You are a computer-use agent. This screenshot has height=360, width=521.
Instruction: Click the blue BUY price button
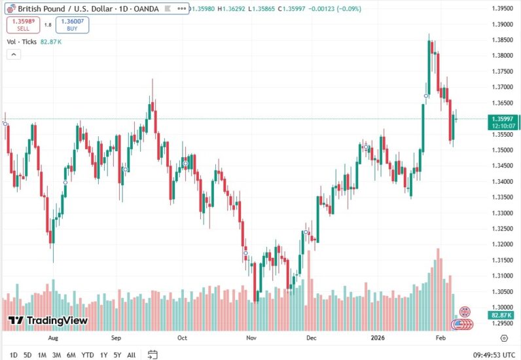tap(72, 25)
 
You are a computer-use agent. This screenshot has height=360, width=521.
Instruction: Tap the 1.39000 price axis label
tap(501, 24)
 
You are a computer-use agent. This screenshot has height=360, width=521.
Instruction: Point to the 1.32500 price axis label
tap(501, 228)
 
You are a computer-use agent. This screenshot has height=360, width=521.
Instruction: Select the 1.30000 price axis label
tap(501, 307)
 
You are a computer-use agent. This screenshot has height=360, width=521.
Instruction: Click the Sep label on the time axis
tap(116, 338)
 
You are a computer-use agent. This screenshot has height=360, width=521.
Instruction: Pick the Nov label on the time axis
tap(251, 338)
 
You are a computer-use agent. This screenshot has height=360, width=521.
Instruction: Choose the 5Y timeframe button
tap(117, 355)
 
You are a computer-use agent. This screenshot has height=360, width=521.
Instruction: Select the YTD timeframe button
tap(88, 355)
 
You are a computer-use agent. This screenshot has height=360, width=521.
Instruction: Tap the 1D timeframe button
tap(14, 355)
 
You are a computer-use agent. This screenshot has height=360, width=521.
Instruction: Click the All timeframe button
tap(132, 355)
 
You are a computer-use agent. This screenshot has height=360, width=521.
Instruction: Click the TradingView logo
tap(48, 321)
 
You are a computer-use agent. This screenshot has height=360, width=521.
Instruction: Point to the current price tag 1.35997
tap(501, 118)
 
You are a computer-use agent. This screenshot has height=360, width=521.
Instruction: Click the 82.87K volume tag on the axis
tap(501, 315)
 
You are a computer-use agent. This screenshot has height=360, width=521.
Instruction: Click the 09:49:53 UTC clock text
tap(495, 355)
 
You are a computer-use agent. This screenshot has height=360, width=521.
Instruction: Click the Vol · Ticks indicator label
tap(22, 42)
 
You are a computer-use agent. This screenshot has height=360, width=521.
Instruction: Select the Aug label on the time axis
tap(54, 338)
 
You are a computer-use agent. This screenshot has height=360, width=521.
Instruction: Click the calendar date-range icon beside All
tap(153, 355)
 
